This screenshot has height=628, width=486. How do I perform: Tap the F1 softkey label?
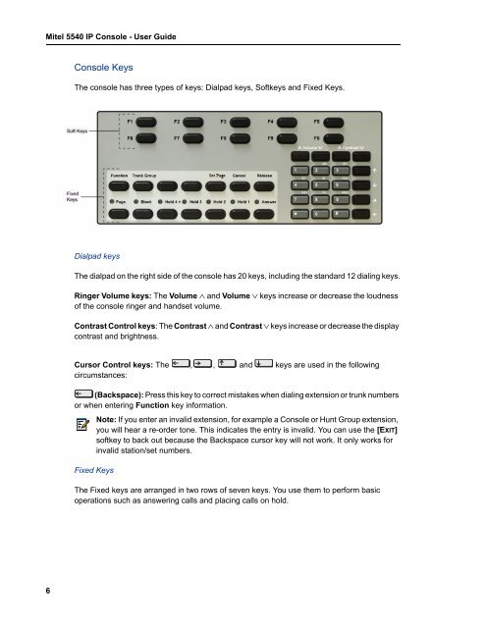[x=131, y=121]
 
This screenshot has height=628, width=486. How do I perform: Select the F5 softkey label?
[x=318, y=121]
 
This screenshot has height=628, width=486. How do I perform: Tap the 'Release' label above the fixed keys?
[x=265, y=177]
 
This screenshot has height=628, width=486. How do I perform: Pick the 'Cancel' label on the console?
[x=240, y=177]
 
